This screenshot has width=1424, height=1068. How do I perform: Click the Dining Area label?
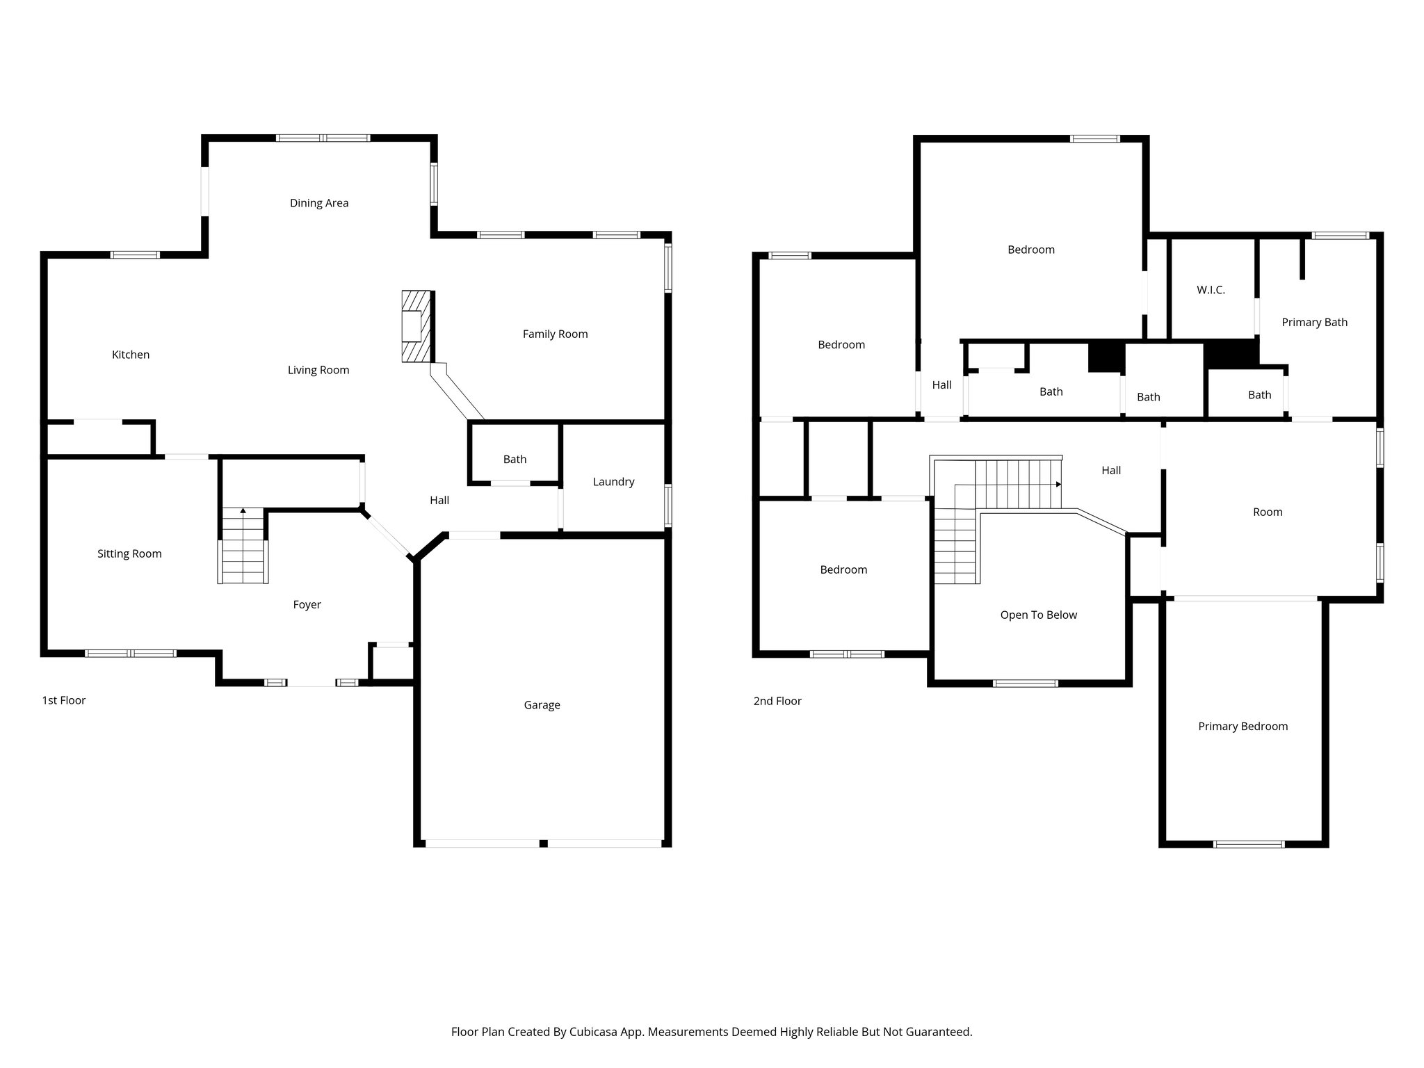pos(319,203)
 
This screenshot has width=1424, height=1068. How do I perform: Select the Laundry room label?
pos(613,482)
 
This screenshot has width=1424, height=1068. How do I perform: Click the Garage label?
pos(542,705)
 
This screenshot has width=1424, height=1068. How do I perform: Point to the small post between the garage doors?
pos(544,843)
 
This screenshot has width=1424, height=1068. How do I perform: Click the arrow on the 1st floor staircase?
pos(243,511)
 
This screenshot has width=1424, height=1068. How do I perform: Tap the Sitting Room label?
pos(129,554)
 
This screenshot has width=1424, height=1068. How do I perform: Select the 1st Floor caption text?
pos(64,700)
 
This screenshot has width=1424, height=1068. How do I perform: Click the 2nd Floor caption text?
pos(777,701)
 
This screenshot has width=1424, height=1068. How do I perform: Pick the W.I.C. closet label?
pos(1211,290)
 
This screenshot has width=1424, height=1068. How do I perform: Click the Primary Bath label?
pos(1314,323)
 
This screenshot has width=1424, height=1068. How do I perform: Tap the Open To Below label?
pos(1038,615)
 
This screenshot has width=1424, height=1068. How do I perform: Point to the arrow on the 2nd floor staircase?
pos(1058,484)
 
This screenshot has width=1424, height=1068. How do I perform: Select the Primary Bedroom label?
pos(1243,727)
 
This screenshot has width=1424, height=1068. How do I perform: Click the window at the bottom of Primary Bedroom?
pos(1248,844)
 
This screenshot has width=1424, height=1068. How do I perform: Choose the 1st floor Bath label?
pos(515,460)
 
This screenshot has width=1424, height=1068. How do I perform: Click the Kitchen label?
pos(131,355)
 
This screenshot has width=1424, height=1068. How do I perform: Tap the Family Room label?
pos(555,334)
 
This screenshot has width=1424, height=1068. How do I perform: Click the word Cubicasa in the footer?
pos(595,1032)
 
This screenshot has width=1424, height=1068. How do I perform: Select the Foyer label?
pos(307,605)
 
